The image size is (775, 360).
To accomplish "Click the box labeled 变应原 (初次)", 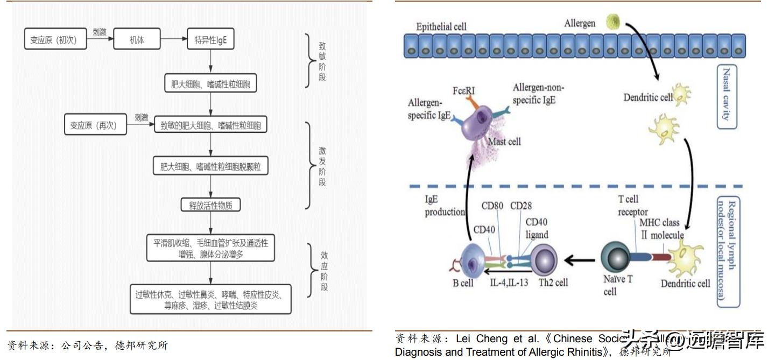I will click(x=56, y=40).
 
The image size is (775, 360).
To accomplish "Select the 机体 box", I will click(x=137, y=40).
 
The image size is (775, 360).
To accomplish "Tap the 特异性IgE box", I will click(x=210, y=40).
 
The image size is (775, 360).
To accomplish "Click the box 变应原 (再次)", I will click(x=95, y=125).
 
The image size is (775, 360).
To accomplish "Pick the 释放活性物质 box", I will click(x=210, y=206).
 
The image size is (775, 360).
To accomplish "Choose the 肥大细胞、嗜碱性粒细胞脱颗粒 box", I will click(x=210, y=166).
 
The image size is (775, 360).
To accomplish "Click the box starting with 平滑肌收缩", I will click(x=210, y=248).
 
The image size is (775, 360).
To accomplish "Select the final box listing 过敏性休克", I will click(x=210, y=300).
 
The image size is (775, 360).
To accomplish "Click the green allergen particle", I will click(x=613, y=22).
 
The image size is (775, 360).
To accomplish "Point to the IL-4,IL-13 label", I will click(x=508, y=283).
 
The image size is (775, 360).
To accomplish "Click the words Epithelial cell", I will click(x=441, y=26).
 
